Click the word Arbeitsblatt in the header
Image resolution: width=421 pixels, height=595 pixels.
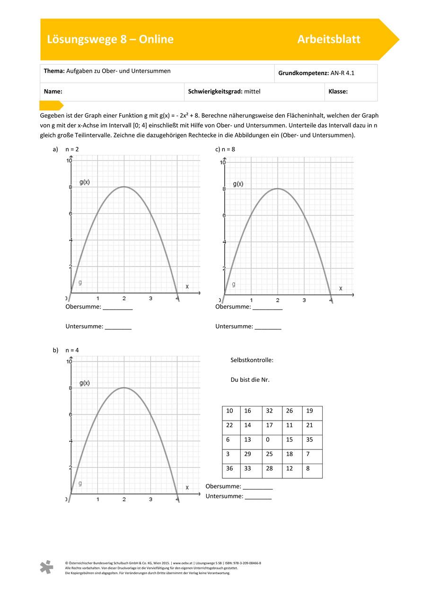click(x=328, y=40)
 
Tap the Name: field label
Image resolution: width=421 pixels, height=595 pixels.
click(x=53, y=92)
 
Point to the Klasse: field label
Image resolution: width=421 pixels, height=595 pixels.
click(x=338, y=92)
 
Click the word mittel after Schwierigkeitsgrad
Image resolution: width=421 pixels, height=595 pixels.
click(x=252, y=92)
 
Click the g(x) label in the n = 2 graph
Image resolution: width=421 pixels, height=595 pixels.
click(x=85, y=182)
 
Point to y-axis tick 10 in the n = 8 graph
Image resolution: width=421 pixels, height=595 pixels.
click(x=222, y=162)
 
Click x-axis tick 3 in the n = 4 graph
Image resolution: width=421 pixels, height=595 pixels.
click(x=150, y=499)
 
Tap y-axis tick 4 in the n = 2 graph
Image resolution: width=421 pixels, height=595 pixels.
click(x=70, y=240)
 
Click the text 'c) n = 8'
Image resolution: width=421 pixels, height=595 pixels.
click(x=225, y=149)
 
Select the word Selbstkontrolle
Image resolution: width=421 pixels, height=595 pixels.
click(x=252, y=360)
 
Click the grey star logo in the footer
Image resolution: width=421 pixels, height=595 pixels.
click(x=46, y=567)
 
